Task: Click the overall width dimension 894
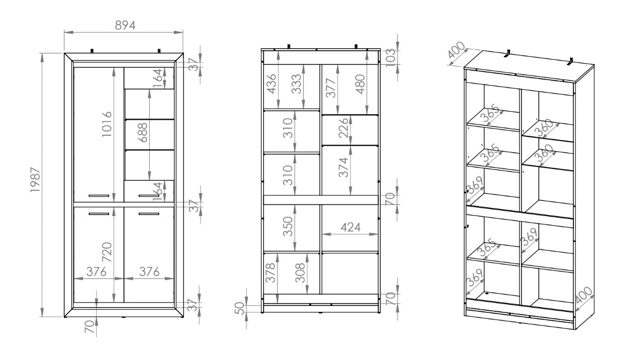125,25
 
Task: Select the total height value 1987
36,179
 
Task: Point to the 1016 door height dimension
106,124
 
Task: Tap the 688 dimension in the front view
142,133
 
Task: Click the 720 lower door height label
106,252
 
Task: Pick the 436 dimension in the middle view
271,84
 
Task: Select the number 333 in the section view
296,84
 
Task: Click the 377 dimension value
331,88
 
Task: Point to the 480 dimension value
359,84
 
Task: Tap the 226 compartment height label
343,127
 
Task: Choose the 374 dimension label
343,167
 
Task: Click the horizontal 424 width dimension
351,227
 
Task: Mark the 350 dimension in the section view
287,226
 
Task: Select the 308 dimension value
300,272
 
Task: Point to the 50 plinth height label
240,308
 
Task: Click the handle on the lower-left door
99,214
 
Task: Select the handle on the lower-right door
149,214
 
